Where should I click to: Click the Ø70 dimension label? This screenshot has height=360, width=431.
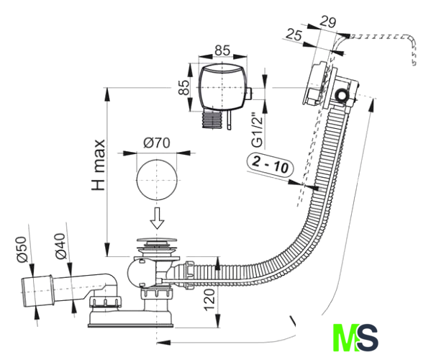(x=157, y=143)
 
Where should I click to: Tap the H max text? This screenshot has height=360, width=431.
(x=98, y=165)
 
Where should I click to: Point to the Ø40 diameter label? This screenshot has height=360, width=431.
(x=60, y=246)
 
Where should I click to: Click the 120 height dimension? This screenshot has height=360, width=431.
(x=209, y=300)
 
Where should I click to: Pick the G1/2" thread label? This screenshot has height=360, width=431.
(x=258, y=130)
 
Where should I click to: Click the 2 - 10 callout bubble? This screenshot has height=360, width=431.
(x=271, y=164)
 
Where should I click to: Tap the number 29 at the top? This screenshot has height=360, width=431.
(x=328, y=22)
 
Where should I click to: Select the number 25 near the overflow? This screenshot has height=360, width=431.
(x=294, y=35)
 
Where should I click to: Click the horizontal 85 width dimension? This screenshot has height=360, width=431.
(x=222, y=50)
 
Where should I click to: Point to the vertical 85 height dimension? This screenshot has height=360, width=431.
(x=184, y=87)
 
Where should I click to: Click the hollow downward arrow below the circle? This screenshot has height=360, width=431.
(x=157, y=218)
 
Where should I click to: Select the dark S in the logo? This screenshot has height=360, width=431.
(x=368, y=338)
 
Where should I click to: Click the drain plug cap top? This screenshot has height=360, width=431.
(x=157, y=240)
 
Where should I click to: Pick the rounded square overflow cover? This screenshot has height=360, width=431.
(x=222, y=87)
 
